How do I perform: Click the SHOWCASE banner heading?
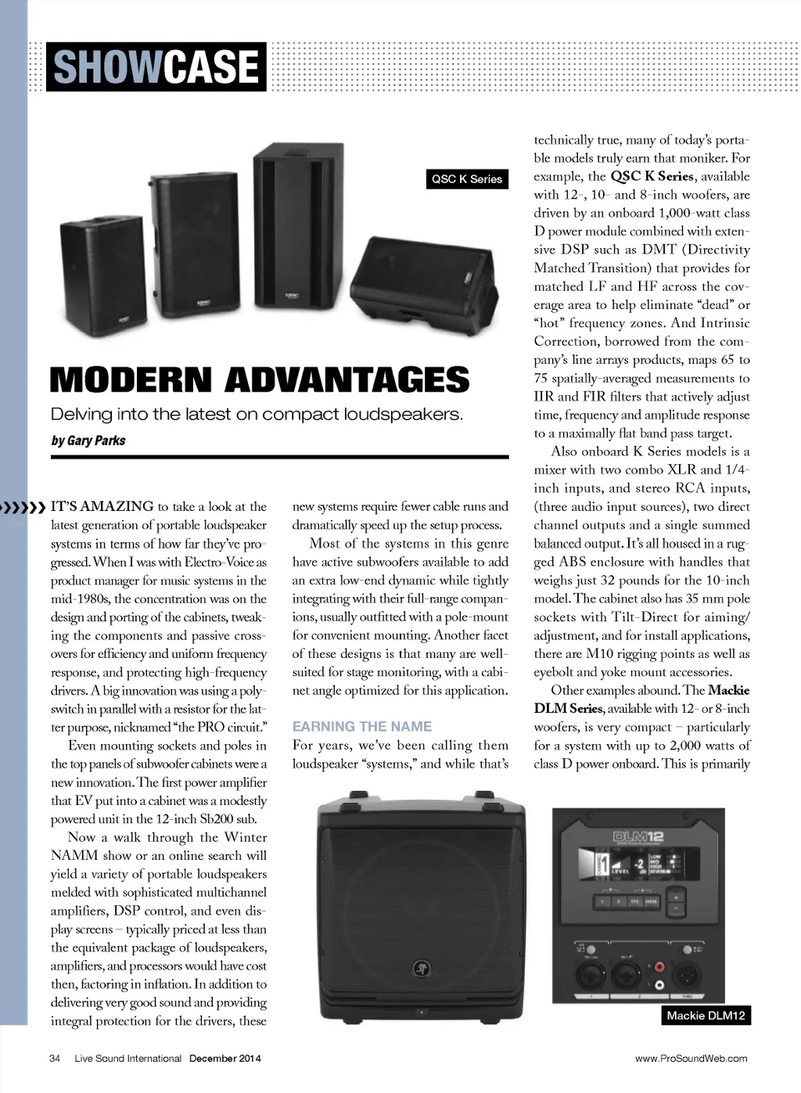coord(156,67)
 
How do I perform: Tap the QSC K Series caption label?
coord(467,179)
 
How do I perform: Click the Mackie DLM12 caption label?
coord(706,1016)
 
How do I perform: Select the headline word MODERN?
coord(130,380)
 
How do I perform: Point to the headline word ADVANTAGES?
coord(347,380)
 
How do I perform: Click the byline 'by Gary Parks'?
coord(88,440)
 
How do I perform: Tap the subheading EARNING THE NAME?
coord(362,726)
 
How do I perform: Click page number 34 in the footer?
coord(55,1059)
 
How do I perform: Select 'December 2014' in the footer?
coord(225,1059)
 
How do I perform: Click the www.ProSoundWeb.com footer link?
coord(691,1059)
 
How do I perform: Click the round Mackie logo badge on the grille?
coord(422,969)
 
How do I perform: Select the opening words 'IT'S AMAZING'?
coord(102,506)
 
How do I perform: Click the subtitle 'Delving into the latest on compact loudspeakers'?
coord(257,414)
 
